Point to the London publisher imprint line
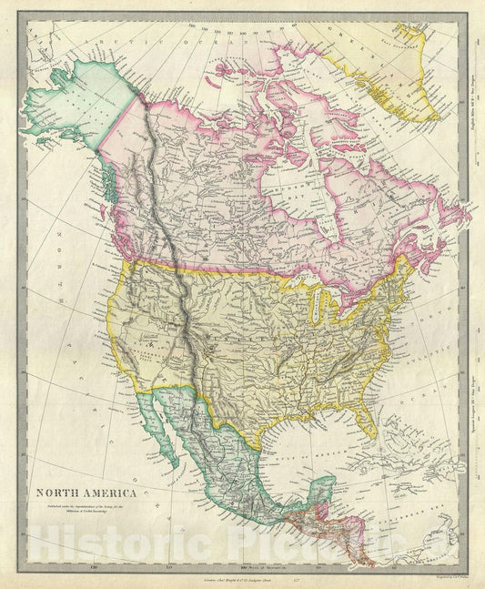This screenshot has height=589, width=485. click(228, 576)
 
